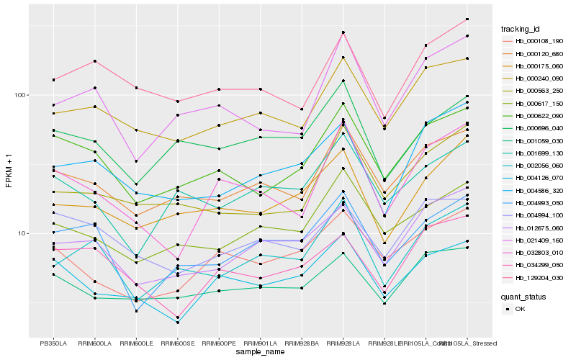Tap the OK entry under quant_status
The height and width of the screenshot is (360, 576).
(520, 309)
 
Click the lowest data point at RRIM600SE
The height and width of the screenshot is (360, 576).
(177, 322)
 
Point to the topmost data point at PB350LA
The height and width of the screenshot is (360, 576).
(53, 80)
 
